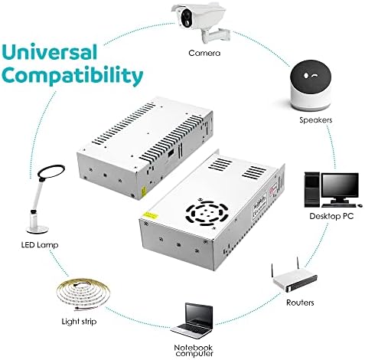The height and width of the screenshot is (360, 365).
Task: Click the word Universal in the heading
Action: tap(51, 53)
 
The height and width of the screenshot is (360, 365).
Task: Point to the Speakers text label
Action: tap(314, 120)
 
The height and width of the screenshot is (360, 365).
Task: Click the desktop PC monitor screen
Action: tap(338, 185)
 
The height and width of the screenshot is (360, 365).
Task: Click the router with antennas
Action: tap(294, 279)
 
